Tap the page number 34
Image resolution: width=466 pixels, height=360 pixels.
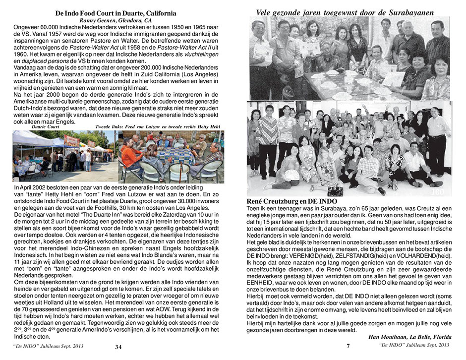[118, 347]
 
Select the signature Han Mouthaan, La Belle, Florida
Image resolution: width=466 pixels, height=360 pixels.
[410, 337]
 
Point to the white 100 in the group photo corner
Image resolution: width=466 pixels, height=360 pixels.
[437, 191]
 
